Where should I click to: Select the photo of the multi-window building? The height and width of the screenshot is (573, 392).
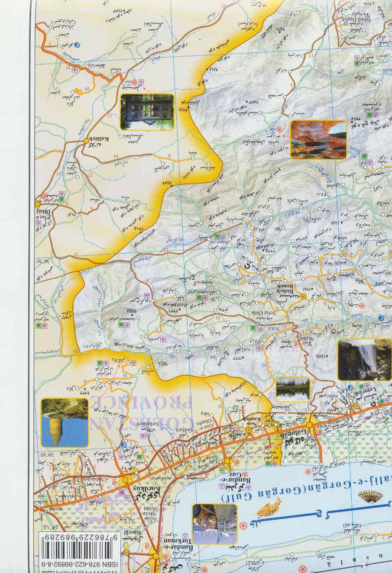pos(147,112)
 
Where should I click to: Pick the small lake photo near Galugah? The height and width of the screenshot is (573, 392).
pos(293,388)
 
